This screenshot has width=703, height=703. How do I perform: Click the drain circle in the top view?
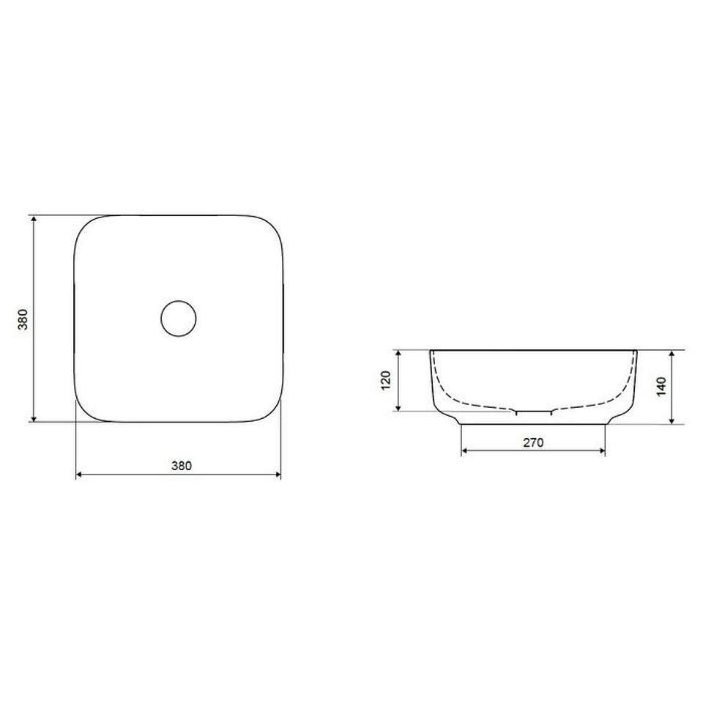[179, 301]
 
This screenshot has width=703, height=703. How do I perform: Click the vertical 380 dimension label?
[23, 319]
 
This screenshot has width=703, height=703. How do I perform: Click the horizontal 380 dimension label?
[182, 466]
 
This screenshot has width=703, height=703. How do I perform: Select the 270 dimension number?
[534, 442]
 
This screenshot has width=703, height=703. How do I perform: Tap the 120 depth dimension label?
[386, 381]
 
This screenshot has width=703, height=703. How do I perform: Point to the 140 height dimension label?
[661, 387]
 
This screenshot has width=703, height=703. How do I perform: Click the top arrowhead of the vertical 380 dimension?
[34, 218]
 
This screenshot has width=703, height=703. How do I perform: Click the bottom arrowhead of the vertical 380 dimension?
[34, 418]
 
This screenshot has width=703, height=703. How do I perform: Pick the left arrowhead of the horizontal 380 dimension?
[79, 475]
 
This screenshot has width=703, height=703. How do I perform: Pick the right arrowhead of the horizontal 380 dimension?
[278, 475]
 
